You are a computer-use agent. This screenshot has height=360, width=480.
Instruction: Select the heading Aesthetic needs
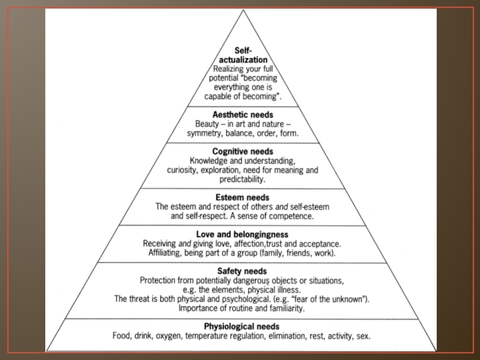click(x=242, y=114)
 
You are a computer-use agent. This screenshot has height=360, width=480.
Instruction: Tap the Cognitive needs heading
click(x=242, y=151)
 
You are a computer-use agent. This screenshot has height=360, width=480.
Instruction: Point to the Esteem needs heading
click(x=242, y=197)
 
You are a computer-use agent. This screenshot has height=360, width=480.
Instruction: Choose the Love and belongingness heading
click(x=242, y=233)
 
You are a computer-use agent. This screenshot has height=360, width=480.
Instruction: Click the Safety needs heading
click(x=242, y=271)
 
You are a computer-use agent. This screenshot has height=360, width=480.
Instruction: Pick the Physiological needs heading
click(x=242, y=326)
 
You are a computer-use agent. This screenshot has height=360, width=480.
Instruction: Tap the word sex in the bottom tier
click(x=364, y=336)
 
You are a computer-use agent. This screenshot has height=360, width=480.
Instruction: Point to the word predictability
click(x=242, y=179)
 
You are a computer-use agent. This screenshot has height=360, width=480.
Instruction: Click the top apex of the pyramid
click(x=242, y=10)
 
